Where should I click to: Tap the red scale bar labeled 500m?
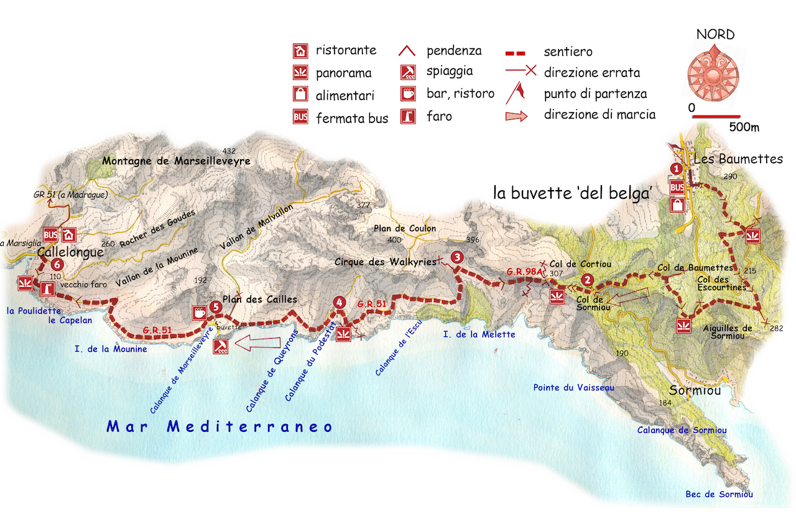coord(716,116)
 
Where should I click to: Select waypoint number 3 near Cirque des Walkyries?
coord(457,257)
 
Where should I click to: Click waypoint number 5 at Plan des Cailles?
coord(215,306)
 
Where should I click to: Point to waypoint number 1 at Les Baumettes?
coord(676,168)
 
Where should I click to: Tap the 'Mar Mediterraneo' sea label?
coord(220,427)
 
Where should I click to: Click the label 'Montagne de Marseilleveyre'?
coord(176,161)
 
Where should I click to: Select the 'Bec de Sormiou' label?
coord(719,495)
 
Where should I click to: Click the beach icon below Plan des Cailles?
coord(220,347)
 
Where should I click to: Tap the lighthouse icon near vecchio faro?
coord(47,288)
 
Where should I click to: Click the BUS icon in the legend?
coord(300,116)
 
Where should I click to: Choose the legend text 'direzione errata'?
coord(591,73)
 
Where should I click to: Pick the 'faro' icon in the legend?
coord(409,116)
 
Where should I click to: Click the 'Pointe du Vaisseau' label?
coord(573,388)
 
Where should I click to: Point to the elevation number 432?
coord(229,151)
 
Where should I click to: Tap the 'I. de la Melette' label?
coord(479,334)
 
